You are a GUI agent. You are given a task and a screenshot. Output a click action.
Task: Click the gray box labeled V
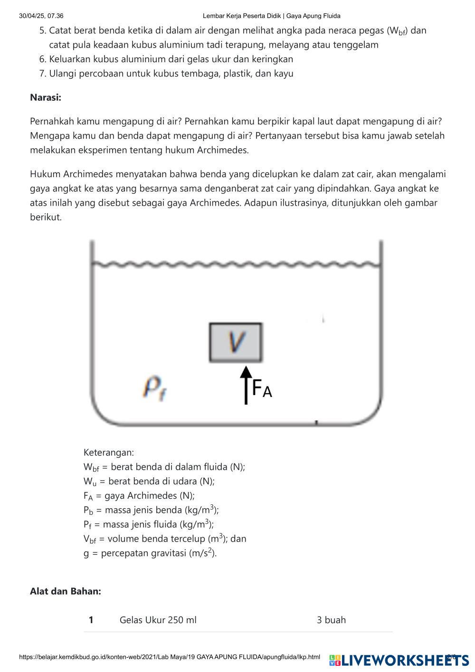tap(236, 342)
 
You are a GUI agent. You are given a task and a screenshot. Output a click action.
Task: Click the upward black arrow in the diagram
tap(246, 385)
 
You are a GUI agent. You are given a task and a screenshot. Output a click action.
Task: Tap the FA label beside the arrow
tap(262, 388)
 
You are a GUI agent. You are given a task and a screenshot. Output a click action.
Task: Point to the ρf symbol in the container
tap(153, 388)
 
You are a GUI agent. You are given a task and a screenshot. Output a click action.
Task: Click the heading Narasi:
tap(46, 97)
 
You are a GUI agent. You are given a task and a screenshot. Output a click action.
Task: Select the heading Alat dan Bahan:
tap(66, 591)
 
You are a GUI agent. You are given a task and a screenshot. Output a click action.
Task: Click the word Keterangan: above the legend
tap(109, 452)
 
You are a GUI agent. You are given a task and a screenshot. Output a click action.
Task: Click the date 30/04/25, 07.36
tap(41, 16)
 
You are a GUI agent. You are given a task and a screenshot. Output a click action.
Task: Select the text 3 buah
tap(331, 620)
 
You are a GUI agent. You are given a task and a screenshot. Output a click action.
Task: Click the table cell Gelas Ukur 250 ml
tap(158, 620)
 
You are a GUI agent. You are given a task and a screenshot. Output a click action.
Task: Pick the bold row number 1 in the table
tap(91, 620)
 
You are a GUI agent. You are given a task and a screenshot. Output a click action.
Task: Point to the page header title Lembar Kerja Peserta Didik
tap(271, 16)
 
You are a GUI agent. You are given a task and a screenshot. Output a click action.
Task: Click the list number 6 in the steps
tap(42, 59)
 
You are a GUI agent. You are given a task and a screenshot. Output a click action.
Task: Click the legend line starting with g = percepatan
tap(150, 553)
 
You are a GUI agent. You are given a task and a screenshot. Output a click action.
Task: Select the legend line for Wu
tap(149, 481)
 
